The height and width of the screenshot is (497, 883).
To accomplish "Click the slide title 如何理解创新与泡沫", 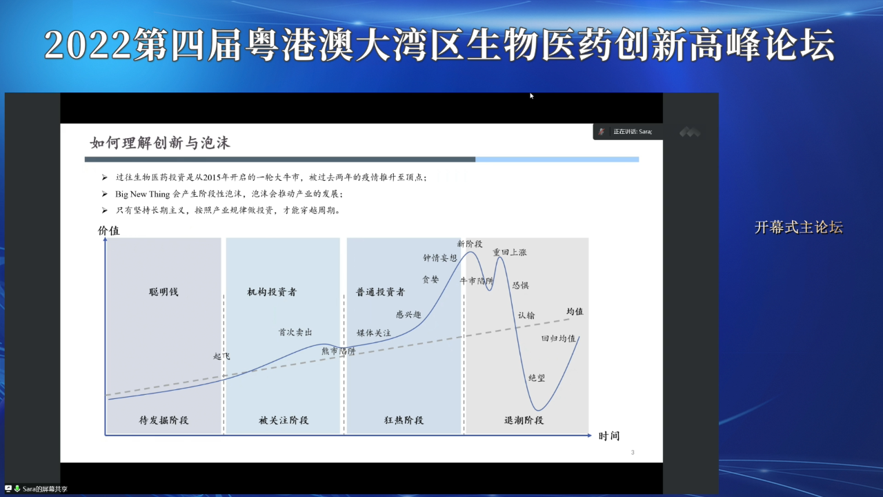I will point(160,143).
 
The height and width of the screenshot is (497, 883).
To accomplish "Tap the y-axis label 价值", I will point(109,231).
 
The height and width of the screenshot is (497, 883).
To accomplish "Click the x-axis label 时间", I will point(609,436).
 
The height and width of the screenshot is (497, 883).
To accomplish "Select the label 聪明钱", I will point(163,292).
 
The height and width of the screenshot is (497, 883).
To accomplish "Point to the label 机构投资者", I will point(272,292).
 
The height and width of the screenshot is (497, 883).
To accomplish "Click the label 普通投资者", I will point(380,292).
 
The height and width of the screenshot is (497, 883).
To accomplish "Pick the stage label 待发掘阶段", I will point(163,420).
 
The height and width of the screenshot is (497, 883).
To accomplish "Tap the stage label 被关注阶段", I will point(284,420).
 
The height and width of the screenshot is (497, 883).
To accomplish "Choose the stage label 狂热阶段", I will point(404,420).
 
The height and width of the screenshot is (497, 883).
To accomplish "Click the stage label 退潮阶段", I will point(524,420).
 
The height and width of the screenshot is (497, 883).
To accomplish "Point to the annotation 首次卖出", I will point(295,332).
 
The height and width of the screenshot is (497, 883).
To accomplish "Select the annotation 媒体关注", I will point(374,333).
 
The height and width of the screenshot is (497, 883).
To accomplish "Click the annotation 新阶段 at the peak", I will point(470,244).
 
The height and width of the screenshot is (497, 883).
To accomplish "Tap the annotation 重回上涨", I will point(510,253).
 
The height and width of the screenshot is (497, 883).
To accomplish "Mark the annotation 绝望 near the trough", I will point(537,378).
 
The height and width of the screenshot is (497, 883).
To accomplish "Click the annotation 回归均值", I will point(558,338).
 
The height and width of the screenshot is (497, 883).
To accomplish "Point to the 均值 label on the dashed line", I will point(575,311).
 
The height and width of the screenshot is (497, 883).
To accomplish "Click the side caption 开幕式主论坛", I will point(798,228).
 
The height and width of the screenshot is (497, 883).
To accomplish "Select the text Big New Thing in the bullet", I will point(142,195).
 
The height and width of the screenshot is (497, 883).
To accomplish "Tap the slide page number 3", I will point(633,453).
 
